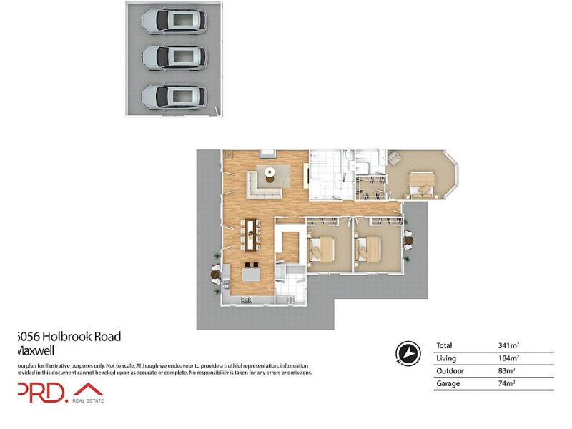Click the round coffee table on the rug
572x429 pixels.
(x=270, y=171)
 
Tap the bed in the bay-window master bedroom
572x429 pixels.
(x=421, y=182)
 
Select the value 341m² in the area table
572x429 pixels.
(x=508, y=346)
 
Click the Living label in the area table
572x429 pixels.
(x=445, y=358)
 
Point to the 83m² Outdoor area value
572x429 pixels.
(x=508, y=370)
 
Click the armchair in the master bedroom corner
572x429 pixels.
(x=395, y=158)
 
